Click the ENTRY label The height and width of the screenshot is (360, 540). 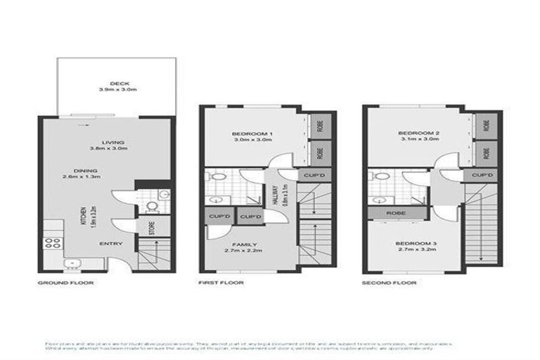point(112,244)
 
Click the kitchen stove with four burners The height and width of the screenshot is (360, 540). point(53,244)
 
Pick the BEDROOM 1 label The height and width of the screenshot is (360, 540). point(252,133)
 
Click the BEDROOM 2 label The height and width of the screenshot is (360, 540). point(418,133)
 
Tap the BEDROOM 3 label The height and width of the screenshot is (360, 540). point(418,243)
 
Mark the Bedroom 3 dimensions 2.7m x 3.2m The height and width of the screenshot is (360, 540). point(418,250)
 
